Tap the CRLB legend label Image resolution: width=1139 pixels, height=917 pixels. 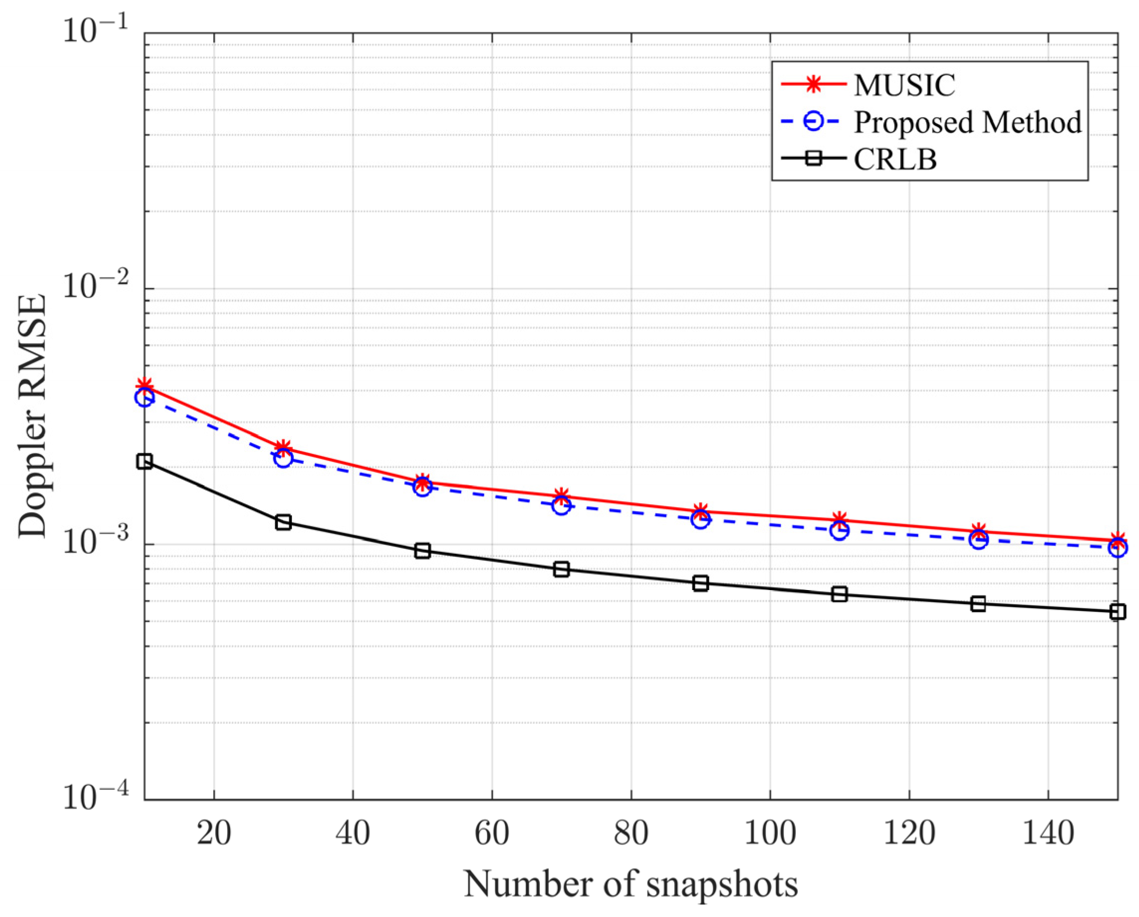click(895, 159)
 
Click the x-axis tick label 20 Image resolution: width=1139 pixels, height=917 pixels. click(214, 833)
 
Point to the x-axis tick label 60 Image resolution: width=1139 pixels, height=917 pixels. click(492, 833)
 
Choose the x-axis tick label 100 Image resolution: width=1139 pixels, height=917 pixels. click(770, 833)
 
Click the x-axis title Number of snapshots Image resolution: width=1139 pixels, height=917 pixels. click(631, 884)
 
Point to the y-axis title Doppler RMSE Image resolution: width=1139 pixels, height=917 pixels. click(33, 417)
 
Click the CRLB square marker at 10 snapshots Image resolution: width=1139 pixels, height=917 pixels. click(145, 461)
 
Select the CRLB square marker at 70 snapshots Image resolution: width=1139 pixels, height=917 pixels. click(562, 569)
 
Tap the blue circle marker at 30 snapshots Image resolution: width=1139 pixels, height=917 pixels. click(284, 458)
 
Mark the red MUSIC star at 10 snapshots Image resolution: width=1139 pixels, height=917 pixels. click(145, 386)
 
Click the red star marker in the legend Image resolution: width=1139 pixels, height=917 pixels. click(814, 85)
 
